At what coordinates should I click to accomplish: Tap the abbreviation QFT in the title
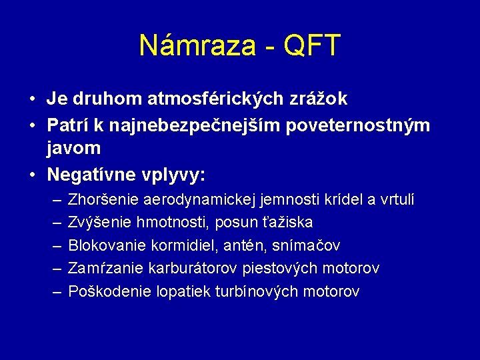click(311, 46)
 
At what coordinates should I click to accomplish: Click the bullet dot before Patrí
click(33, 125)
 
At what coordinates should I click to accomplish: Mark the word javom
click(73, 148)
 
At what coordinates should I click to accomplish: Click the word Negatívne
click(90, 175)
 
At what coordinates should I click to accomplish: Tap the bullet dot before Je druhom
click(33, 99)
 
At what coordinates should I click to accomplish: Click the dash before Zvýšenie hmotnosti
click(55, 222)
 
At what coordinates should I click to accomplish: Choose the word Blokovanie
click(106, 245)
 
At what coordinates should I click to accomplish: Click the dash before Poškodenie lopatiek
click(55, 291)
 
